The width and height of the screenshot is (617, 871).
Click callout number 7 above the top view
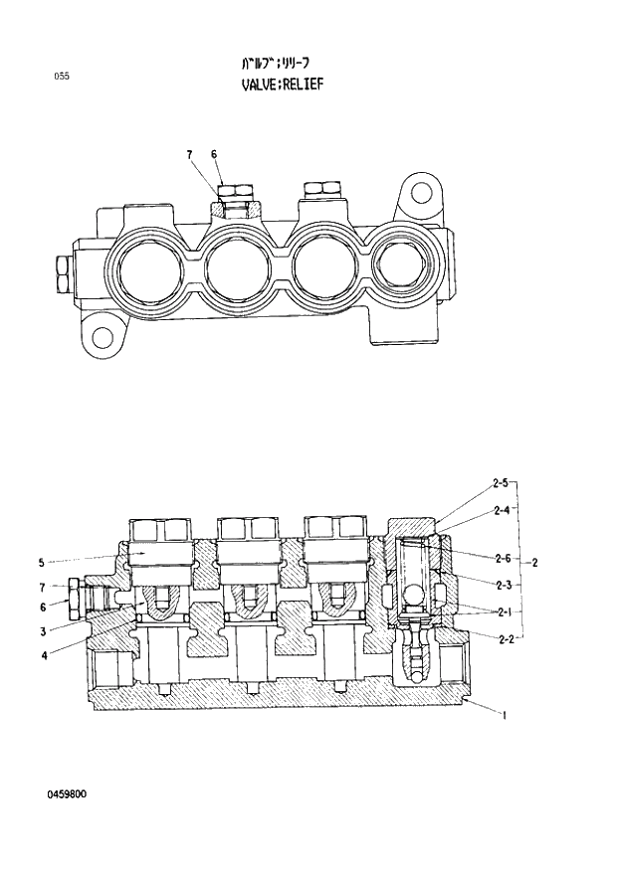click(x=188, y=153)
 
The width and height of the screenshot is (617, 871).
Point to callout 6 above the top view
click(x=213, y=153)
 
